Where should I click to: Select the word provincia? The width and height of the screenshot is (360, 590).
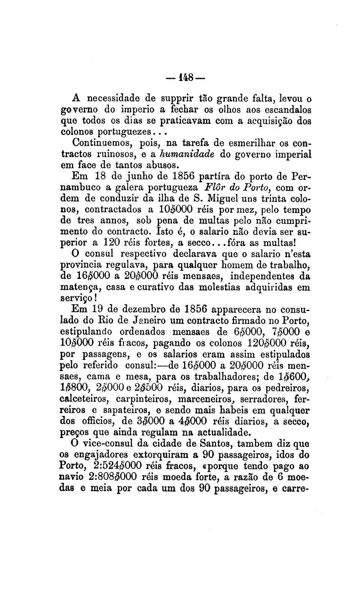82,266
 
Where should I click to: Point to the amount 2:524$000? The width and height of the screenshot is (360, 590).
117,465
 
